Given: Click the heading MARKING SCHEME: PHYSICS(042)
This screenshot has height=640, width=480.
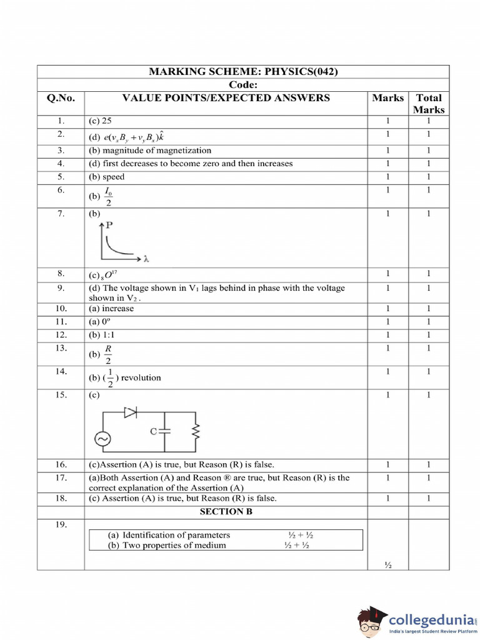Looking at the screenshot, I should point(243,71).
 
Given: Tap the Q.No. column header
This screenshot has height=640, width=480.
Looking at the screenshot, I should point(61,97).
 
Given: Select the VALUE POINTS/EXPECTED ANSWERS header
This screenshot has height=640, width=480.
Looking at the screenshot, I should point(226,97).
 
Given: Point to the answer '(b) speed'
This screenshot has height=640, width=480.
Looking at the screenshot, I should point(106,177).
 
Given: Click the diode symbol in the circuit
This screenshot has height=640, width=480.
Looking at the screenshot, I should point(131,412).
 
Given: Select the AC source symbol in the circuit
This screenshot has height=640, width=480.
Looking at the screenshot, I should point(102,439).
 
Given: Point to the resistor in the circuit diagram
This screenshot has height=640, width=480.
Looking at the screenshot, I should point(195,431).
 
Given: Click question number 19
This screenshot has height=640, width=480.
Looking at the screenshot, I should point(61,525).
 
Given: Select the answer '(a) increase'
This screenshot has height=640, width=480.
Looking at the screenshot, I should point(111,308).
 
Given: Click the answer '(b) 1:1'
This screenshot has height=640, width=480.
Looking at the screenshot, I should point(104,334).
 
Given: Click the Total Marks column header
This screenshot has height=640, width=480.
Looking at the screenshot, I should point(429,103).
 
